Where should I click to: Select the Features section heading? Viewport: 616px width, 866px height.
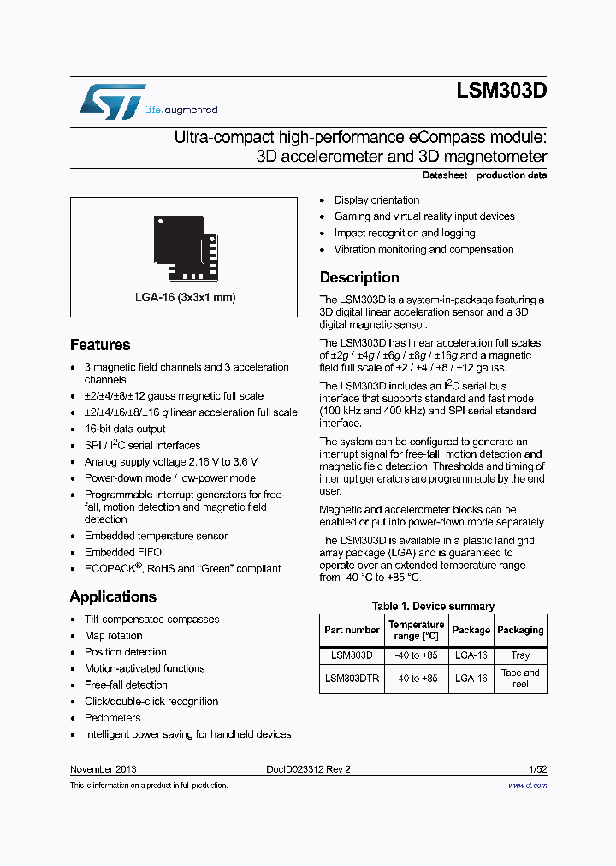pos(100,345)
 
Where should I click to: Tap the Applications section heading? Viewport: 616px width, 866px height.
pos(113,596)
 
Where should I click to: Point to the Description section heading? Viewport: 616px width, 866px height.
pos(359,277)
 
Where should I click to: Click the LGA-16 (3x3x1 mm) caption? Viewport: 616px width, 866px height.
pos(185,298)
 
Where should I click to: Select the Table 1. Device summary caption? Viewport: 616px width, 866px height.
pos(433,606)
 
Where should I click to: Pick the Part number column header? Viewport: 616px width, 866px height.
pos(352,630)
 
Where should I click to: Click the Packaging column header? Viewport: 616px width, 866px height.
pos(520,630)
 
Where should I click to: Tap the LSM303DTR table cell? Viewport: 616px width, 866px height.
pos(352,678)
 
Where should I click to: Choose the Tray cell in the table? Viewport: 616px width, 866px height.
pos(520,655)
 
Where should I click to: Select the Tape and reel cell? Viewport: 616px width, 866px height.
pos(520,678)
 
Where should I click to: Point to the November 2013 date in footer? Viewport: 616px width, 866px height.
pos(103,769)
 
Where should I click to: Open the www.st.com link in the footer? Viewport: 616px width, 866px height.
pos(527,785)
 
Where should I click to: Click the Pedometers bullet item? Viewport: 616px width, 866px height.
pos(112,718)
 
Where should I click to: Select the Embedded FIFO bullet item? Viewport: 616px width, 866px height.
pos(122,552)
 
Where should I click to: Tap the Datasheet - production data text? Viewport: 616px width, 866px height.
pos(484,175)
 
